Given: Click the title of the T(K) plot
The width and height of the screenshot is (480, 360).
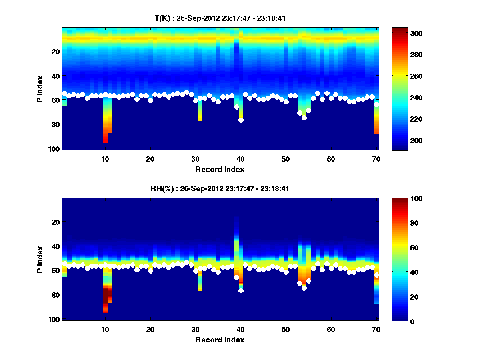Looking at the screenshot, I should tap(220, 18).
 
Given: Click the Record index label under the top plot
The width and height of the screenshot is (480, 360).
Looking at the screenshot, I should tap(220, 169).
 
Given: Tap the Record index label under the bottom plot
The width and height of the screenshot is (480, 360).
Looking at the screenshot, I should tap(220, 340).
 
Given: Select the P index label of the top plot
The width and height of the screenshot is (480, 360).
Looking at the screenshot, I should tap(40, 89).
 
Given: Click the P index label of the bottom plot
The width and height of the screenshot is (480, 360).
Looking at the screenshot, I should tap(40, 259).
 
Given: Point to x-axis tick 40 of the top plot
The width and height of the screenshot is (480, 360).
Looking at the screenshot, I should tap(241, 159).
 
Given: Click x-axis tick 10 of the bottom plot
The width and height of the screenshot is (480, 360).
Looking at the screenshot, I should tap(105, 329).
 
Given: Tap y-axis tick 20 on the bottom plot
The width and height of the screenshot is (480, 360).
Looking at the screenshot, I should tap(56, 222).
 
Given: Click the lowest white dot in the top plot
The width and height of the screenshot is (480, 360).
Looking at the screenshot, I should tap(241, 120).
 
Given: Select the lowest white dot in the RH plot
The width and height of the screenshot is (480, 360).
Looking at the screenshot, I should tap(241, 290).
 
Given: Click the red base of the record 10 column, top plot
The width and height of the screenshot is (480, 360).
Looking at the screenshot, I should tap(105, 140).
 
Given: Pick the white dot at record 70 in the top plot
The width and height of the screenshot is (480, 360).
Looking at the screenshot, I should tap(376, 104).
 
